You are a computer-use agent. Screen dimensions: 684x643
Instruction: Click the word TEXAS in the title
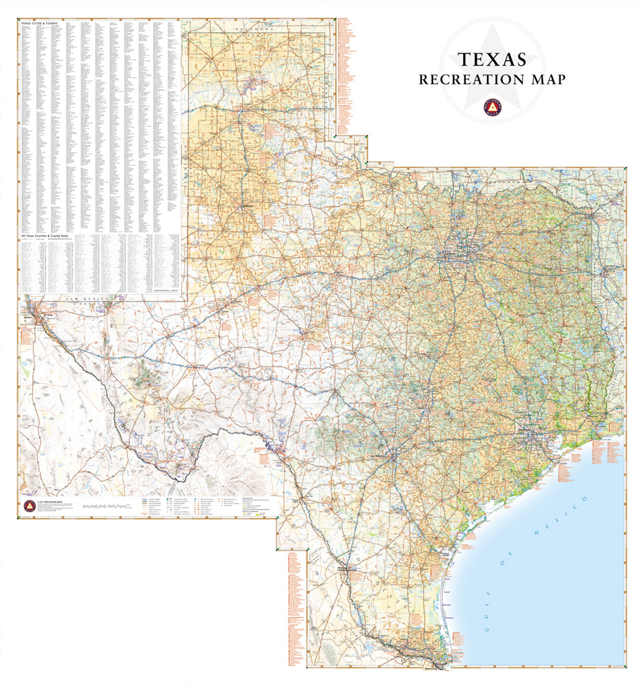point(492,60)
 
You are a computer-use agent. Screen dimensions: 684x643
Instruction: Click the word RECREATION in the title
point(469,80)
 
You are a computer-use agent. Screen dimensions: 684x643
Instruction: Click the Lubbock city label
point(247,205)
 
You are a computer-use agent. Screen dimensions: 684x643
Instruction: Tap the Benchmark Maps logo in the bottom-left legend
point(29,506)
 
